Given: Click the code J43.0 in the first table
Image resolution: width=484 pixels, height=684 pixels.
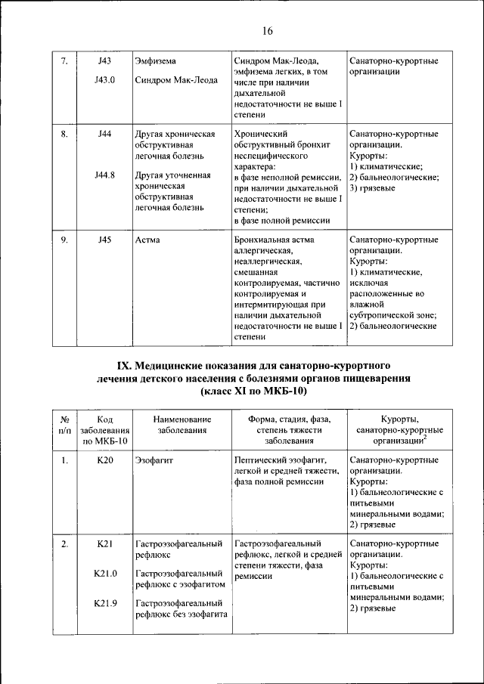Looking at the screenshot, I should (105, 77).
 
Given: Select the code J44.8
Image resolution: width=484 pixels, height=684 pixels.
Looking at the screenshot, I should (105, 175).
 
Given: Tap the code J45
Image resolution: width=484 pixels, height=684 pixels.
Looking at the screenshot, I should (105, 240).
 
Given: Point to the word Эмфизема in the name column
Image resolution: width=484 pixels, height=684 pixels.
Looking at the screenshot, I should (157, 60).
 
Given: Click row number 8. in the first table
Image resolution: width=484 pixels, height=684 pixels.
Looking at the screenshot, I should (65, 134).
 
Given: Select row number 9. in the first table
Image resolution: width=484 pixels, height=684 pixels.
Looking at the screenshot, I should (65, 240).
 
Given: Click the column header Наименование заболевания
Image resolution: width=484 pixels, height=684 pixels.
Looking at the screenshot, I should (181, 425).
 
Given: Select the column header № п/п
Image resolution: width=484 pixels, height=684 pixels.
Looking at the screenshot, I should (65, 425).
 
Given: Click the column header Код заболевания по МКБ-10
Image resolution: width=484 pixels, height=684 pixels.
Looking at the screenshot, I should (105, 430).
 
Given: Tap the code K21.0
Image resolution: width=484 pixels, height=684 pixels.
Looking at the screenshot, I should (105, 574).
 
